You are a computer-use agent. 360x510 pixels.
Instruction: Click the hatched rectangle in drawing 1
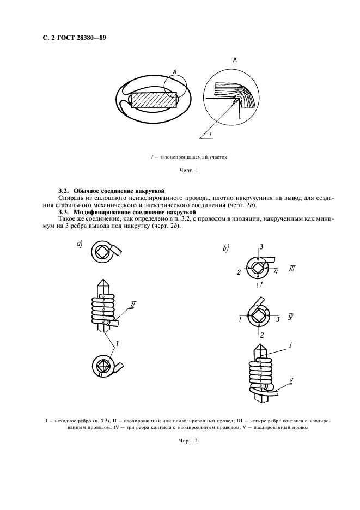pyautogui.click(x=155, y=102)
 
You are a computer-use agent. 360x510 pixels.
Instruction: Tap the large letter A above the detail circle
pyautogui.click(x=234, y=62)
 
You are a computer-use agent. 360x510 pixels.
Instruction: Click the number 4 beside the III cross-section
pyautogui.click(x=276, y=270)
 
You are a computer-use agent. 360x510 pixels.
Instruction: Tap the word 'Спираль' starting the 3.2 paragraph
pyautogui.click(x=70, y=198)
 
